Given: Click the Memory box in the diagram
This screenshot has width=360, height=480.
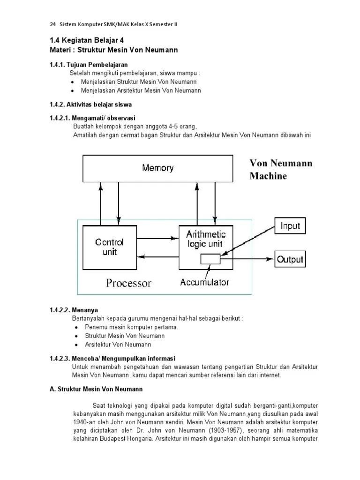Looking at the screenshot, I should pos(157,168).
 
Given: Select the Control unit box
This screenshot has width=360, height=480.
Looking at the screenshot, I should pos(109,247).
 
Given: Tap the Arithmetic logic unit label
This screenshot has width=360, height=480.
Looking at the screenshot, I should pos(206,239).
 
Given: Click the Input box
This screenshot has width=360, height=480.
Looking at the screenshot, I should pos(290,226).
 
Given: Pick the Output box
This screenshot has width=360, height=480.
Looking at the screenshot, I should pos(290,259).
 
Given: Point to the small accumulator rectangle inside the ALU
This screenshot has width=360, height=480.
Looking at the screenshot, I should pos(210,258).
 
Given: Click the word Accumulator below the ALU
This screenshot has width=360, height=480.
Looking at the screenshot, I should pos(205,282).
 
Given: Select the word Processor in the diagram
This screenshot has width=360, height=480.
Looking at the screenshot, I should pos(129,283).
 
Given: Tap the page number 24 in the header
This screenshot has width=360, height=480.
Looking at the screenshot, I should pos(52,24).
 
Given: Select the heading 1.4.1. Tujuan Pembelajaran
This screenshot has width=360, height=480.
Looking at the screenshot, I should pos(89,64).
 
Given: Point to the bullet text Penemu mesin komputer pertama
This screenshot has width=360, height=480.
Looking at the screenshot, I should pos(132,327).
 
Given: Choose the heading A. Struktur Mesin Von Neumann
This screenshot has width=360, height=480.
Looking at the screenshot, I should pos(96,389).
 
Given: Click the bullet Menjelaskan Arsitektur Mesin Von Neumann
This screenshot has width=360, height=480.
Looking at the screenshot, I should pos(141,90).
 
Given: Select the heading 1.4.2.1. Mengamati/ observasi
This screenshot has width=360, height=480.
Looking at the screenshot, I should pos(92,118).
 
